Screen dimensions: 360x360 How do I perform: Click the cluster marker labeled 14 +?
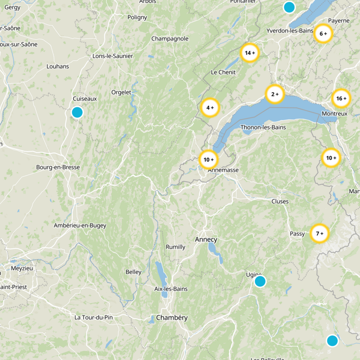tap(250, 53)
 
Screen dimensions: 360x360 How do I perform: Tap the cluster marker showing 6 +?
tap(323, 34)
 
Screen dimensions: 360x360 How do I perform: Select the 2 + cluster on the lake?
tap(275, 94)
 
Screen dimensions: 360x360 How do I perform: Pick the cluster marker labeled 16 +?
tap(341, 98)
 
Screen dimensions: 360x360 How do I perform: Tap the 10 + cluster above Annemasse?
tap(208, 159)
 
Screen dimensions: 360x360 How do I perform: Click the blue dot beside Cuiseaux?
tap(77, 112)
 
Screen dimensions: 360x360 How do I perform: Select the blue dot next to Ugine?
tap(260, 281)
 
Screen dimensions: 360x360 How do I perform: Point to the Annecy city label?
tap(206, 239)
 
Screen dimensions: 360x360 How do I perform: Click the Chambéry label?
tap(172, 318)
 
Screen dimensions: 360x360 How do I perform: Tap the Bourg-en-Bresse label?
tap(58, 167)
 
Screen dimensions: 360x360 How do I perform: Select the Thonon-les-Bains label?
tap(263, 127)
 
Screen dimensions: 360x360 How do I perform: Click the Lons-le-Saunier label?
tap(112, 56)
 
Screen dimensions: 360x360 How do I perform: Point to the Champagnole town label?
tap(170, 39)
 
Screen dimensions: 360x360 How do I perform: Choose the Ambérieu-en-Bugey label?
tap(79, 225)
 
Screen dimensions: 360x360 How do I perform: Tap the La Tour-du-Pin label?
tap(94, 317)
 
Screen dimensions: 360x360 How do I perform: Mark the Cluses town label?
tap(280, 201)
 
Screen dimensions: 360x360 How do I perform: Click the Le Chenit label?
tap(223, 72)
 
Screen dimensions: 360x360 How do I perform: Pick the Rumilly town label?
tap(175, 247)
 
